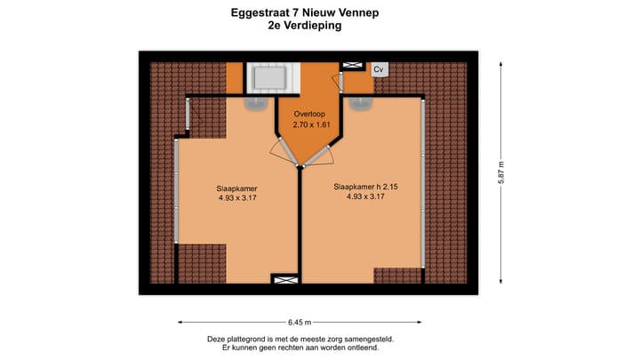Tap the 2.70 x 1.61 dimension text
pyautogui.click(x=311, y=126)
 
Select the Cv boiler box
pyautogui.click(x=379, y=69)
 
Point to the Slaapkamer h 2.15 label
pyautogui.click(x=365, y=187)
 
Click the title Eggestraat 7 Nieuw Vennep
pyautogui.click(x=305, y=13)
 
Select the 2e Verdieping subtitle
pyautogui.click(x=305, y=27)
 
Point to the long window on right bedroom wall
pyautogui.click(x=424, y=182)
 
